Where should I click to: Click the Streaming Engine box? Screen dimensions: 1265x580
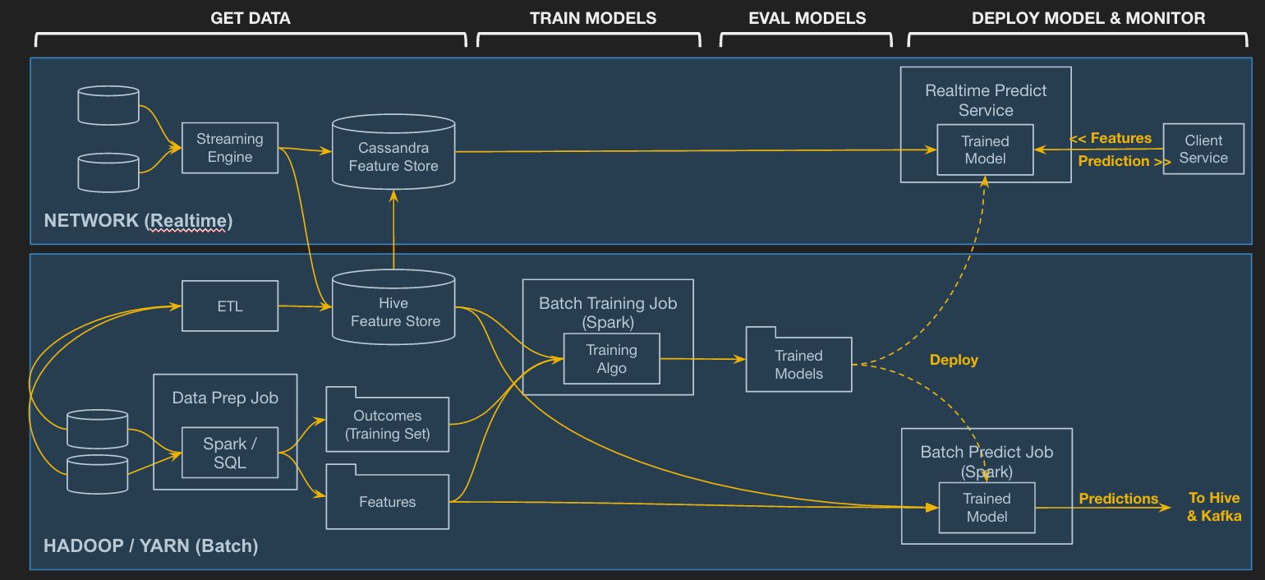(x=230, y=148)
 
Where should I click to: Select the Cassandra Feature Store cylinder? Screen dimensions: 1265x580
(x=393, y=151)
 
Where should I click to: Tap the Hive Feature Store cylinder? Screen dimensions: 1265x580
(x=393, y=306)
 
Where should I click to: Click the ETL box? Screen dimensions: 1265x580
(x=230, y=306)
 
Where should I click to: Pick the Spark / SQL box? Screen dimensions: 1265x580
(x=230, y=453)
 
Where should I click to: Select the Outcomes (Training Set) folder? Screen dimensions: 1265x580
(x=388, y=420)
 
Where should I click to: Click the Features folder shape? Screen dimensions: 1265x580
(x=388, y=497)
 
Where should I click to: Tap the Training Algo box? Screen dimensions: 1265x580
(x=612, y=359)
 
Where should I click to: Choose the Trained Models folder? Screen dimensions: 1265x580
(x=798, y=359)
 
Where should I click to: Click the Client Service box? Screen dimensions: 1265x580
(x=1203, y=149)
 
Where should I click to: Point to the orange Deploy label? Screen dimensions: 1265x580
(x=954, y=360)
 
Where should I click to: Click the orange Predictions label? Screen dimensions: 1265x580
(x=1118, y=498)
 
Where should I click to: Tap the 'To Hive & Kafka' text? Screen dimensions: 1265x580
(x=1214, y=507)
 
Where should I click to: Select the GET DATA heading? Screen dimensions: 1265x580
(x=251, y=18)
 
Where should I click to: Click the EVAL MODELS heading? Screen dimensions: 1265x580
(x=807, y=18)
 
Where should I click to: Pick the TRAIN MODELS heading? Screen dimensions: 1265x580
(x=593, y=18)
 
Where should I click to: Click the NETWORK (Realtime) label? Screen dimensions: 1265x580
(x=138, y=220)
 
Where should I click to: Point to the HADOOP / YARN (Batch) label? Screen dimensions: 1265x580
(x=151, y=545)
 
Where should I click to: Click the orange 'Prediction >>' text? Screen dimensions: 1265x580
(x=1125, y=161)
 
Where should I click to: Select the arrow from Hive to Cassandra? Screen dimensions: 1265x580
(x=393, y=230)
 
